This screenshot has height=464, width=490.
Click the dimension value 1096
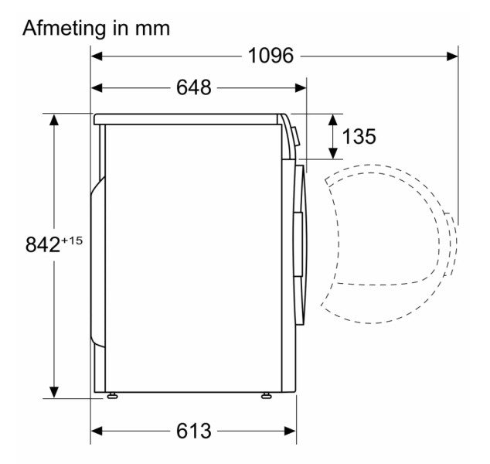[x=271, y=56]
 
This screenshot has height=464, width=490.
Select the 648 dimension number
[x=194, y=87]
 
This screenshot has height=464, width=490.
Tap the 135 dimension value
[x=359, y=136]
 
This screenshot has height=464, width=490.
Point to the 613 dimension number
[x=194, y=431]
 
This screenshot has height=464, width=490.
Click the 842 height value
[x=43, y=244]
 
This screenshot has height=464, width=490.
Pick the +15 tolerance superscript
[x=72, y=241]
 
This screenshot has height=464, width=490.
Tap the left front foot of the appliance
[x=112, y=395]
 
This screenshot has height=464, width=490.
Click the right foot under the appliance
[x=266, y=395]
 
